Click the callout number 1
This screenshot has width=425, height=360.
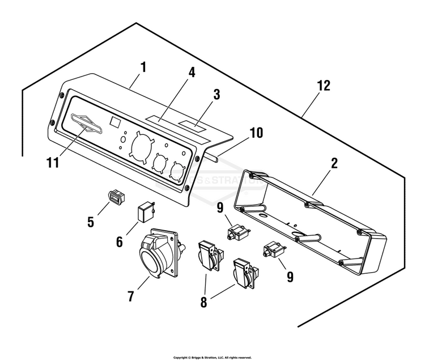click(x=143, y=67)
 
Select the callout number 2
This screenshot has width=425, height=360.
click(x=334, y=163)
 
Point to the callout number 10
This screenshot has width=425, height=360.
click(x=256, y=133)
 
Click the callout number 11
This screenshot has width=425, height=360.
click(x=52, y=163)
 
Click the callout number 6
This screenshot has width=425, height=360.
click(x=120, y=242)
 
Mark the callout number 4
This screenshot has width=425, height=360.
click(x=192, y=74)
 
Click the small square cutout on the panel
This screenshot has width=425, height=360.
click(x=114, y=121)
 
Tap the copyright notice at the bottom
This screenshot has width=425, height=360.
click(x=212, y=357)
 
